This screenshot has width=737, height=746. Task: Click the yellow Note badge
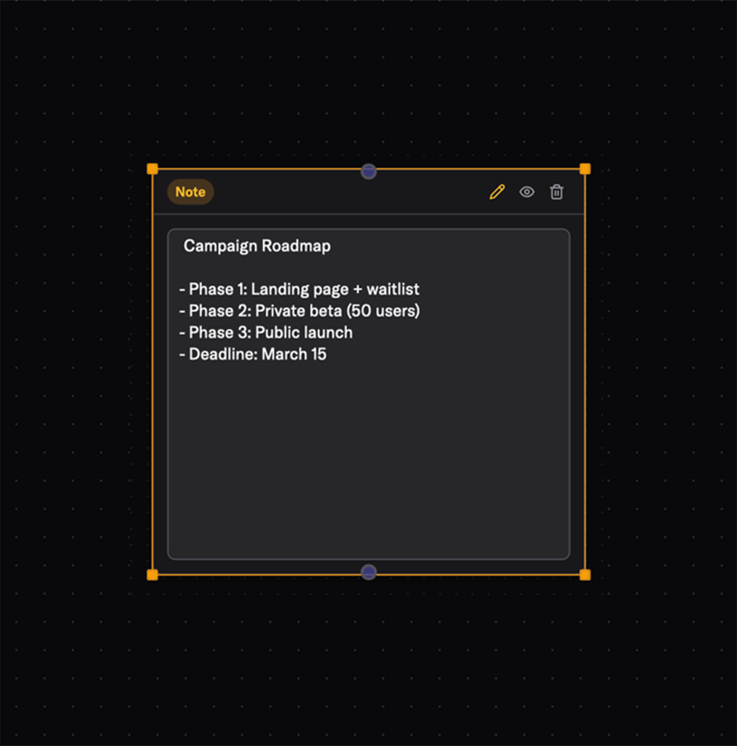(190, 192)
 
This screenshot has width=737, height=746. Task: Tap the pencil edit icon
(497, 192)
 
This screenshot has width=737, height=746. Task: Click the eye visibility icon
(527, 192)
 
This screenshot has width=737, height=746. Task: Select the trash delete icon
(557, 192)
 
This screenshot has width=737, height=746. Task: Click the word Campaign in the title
(220, 246)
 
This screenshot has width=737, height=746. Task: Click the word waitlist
(393, 289)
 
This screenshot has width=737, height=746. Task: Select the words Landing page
(300, 289)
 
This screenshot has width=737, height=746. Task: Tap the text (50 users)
(383, 311)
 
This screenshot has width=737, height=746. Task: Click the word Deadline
(223, 354)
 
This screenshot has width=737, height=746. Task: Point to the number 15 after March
(319, 354)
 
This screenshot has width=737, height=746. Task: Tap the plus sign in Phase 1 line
(358, 289)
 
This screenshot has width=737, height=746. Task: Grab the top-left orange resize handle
(152, 169)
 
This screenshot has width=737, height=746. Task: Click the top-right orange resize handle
(585, 169)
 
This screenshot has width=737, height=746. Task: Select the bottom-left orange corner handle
(152, 575)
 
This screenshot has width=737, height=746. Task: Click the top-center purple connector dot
(368, 171)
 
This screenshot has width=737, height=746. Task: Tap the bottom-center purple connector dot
(368, 572)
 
